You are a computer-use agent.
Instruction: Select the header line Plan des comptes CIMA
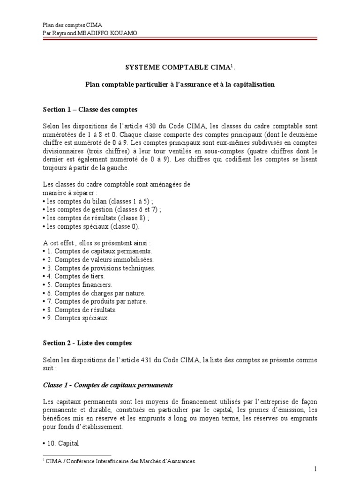(x=72, y=24)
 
